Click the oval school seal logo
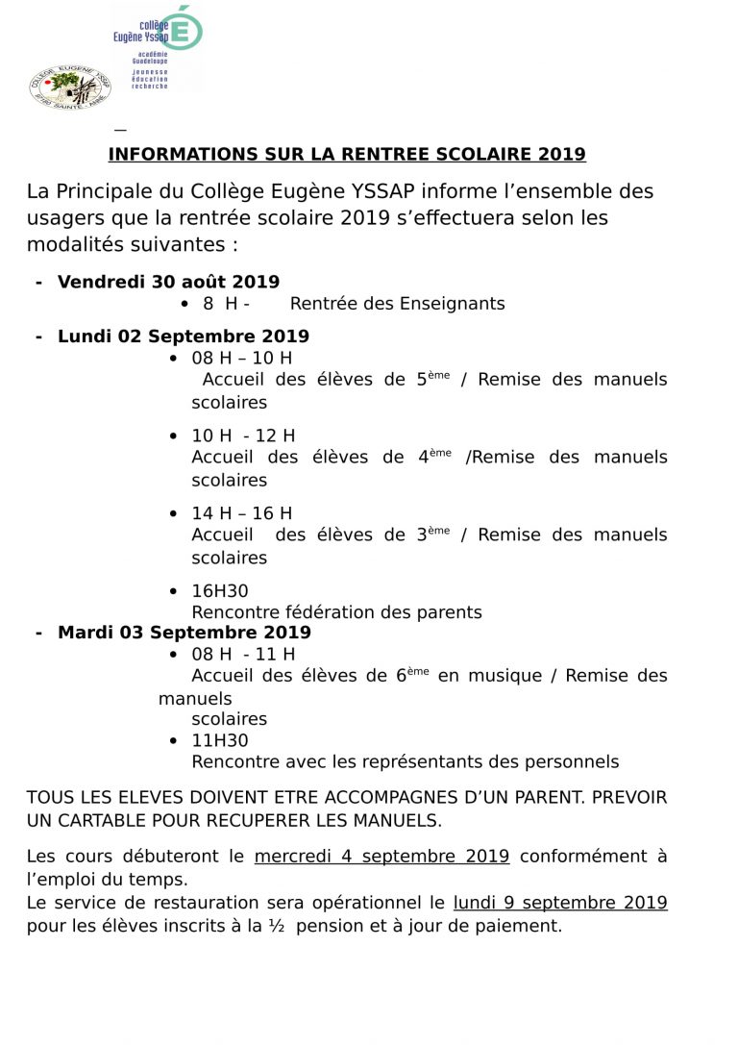[70, 87]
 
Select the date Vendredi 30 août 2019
[168, 282]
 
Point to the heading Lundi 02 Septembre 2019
[183, 336]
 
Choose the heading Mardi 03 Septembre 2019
[184, 633]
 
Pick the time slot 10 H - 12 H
[243, 436]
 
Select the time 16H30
[220, 591]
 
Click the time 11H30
[220, 740]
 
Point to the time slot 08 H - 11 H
[243, 655]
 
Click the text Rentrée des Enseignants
[397, 304]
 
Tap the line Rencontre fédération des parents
[336, 612]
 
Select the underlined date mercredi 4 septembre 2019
[381, 857]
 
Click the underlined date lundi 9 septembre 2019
[560, 904]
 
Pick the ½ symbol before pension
[277, 927]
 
